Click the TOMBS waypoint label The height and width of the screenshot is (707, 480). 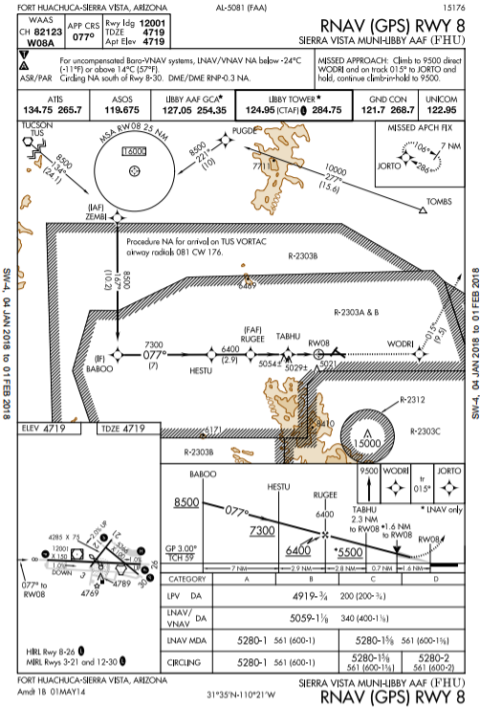coord(439,203)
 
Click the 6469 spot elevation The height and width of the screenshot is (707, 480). coord(247,284)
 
